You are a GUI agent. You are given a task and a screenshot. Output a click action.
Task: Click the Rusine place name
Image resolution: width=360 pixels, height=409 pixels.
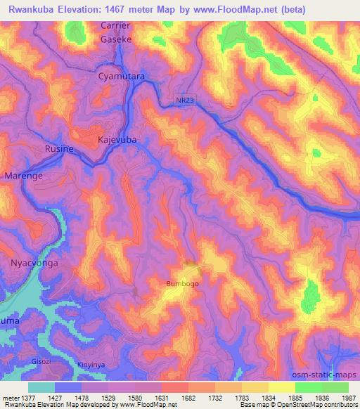coord(59,148)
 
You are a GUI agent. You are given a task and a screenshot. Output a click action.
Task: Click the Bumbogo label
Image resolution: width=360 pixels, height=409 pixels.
coord(182,284)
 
